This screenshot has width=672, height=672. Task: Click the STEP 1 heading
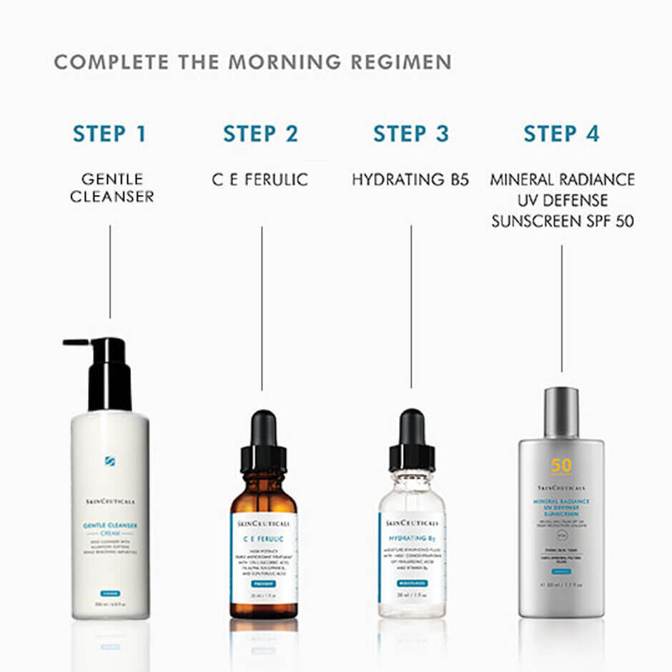point(109,134)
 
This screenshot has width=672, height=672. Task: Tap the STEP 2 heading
point(261,134)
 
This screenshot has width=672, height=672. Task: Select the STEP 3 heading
point(411,134)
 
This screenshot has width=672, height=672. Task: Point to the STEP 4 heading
point(561,134)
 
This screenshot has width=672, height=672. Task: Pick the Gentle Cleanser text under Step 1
point(112,187)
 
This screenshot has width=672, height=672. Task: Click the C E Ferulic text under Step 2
point(260,179)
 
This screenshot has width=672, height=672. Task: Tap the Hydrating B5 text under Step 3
point(410,179)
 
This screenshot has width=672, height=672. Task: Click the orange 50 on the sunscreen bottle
point(561,466)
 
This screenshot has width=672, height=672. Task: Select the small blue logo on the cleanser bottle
point(110,460)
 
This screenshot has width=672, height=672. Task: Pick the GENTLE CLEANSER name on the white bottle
point(110,527)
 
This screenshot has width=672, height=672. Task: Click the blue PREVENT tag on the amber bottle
point(263,583)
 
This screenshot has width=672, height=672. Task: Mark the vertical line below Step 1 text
point(110,272)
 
